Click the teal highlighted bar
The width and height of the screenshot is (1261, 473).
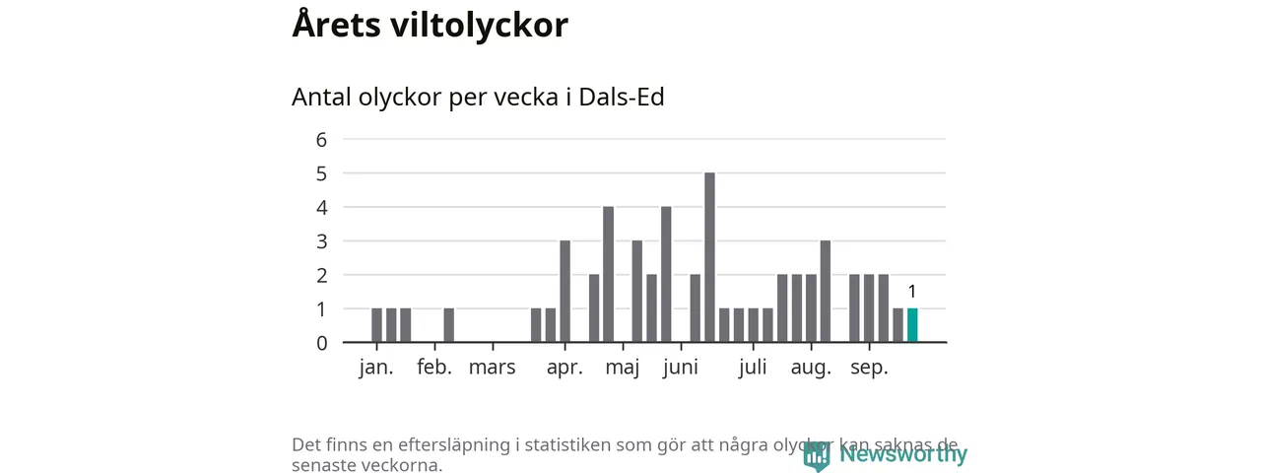912,325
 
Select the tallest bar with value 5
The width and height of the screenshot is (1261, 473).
709,257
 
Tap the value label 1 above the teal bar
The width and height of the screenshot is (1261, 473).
912,292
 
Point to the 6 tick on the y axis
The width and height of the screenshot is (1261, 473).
321,139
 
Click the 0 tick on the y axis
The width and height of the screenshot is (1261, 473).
321,343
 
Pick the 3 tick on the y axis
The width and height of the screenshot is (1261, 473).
321,241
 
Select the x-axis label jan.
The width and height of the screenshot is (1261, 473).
376,369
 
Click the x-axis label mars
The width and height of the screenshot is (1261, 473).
492,369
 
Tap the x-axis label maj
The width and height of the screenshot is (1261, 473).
623,369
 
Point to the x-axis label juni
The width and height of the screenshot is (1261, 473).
681,369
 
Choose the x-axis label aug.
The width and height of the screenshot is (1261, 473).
811,369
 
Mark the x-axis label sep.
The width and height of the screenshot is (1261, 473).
869,369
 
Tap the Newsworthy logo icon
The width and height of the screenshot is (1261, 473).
817,455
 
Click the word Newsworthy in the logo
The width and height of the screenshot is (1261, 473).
903,454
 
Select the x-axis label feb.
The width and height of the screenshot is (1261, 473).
434,369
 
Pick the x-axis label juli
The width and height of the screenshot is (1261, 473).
753,369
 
